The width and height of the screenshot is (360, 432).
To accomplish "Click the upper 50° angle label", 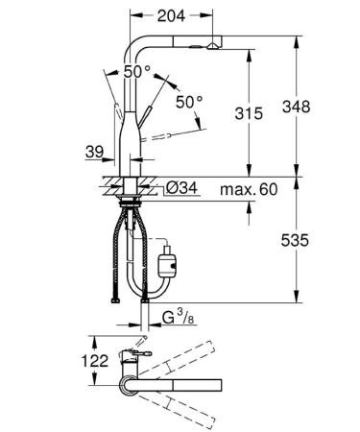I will click(x=136, y=72).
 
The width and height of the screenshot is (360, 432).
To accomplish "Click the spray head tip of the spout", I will click(x=213, y=42).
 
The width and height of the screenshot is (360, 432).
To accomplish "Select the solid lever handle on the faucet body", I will click(x=153, y=116).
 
